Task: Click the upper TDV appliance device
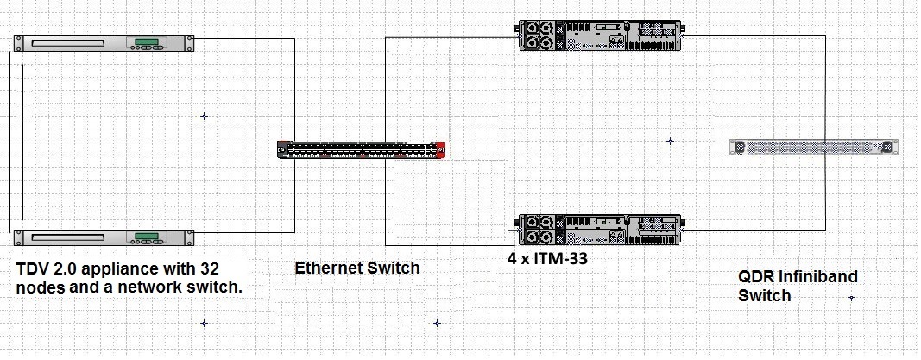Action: [104, 43]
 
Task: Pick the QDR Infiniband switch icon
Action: [814, 148]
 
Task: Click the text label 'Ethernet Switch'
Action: [357, 268]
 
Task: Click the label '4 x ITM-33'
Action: [548, 256]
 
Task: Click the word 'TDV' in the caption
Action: [34, 268]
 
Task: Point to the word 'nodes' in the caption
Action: [40, 287]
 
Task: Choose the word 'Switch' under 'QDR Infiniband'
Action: [764, 296]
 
